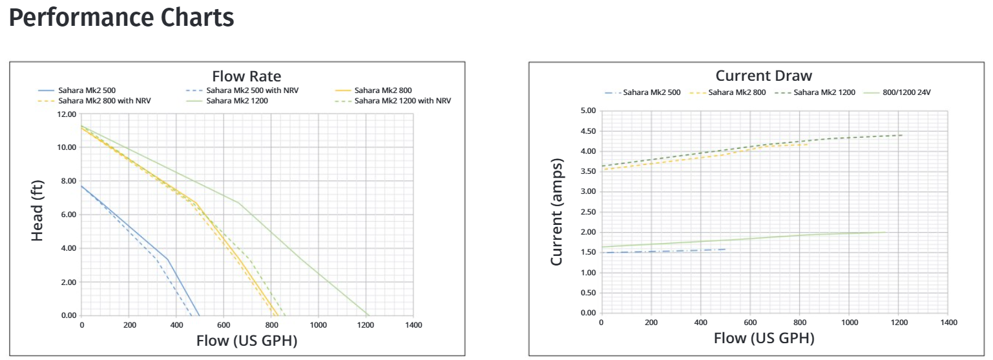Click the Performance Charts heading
pos(121,18)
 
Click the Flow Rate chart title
pos(246,76)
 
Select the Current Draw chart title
pos(764,76)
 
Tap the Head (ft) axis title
pos(37,209)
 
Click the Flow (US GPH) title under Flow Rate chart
pos(247,340)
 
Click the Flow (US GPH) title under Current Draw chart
pos(764,337)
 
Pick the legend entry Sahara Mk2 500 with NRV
pos(261,90)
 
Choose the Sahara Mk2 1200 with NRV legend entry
pos(402,101)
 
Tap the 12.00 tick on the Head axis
pos(67,114)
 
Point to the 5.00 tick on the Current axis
pos(587,111)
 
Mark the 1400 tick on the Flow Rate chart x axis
pos(413,324)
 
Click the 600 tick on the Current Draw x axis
pos(750,322)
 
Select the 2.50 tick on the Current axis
pos(587,212)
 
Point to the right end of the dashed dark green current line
pos(902,135)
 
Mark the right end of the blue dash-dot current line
pos(726,249)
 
